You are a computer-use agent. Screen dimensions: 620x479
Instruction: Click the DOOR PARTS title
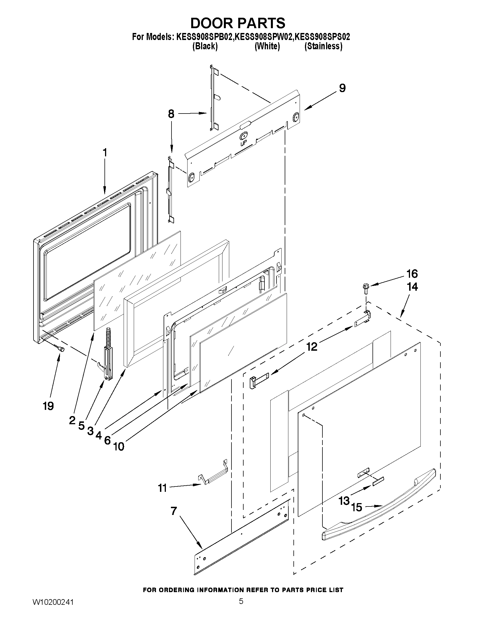(x=238, y=23)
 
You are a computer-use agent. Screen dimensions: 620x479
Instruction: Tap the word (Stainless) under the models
(x=323, y=46)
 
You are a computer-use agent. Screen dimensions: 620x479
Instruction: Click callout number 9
(x=342, y=88)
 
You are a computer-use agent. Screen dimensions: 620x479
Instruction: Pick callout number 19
(x=48, y=406)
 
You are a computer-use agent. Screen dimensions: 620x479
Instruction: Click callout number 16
(x=412, y=274)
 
